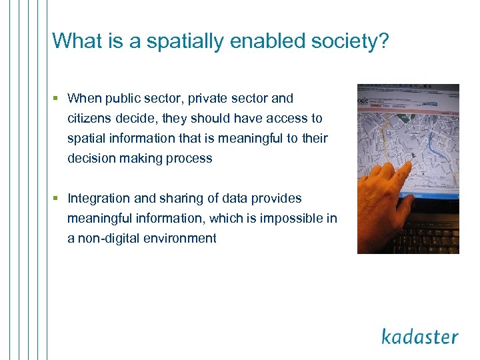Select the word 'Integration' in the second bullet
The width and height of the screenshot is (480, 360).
100,199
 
